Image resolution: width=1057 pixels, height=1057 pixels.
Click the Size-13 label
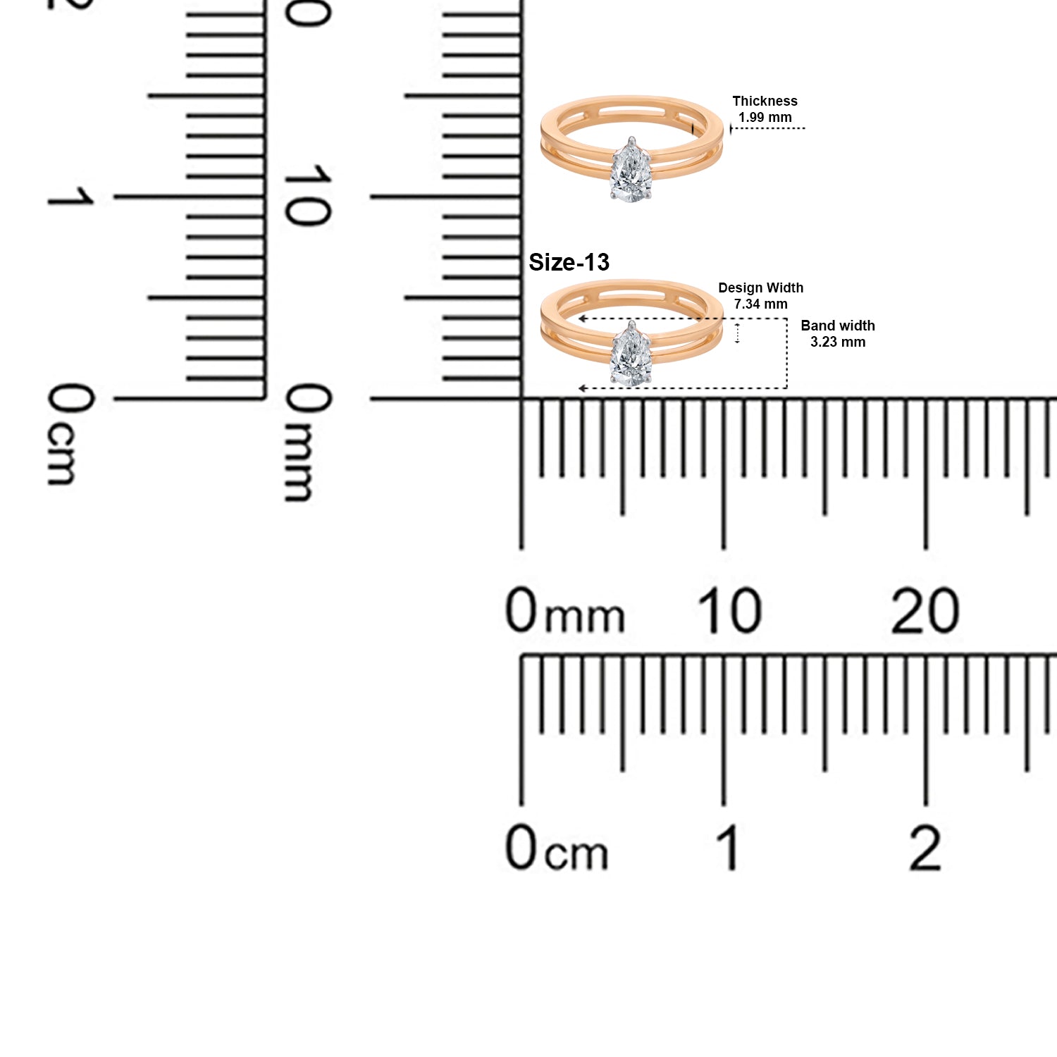coord(569,262)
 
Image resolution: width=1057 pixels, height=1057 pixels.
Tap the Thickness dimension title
coord(765,101)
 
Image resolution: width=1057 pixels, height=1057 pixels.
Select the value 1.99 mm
coord(765,117)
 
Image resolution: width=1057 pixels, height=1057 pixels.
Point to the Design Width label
coord(760,288)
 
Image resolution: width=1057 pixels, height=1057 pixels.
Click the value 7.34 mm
coord(760,304)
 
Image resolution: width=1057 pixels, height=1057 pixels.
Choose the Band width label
coord(838,326)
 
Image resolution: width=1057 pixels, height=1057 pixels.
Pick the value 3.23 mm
coord(838,342)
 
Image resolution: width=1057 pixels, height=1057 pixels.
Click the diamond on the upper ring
coord(631,169)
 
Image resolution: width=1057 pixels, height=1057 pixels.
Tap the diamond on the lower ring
coord(631,354)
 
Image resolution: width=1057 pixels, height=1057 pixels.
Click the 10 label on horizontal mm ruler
coord(729,610)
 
